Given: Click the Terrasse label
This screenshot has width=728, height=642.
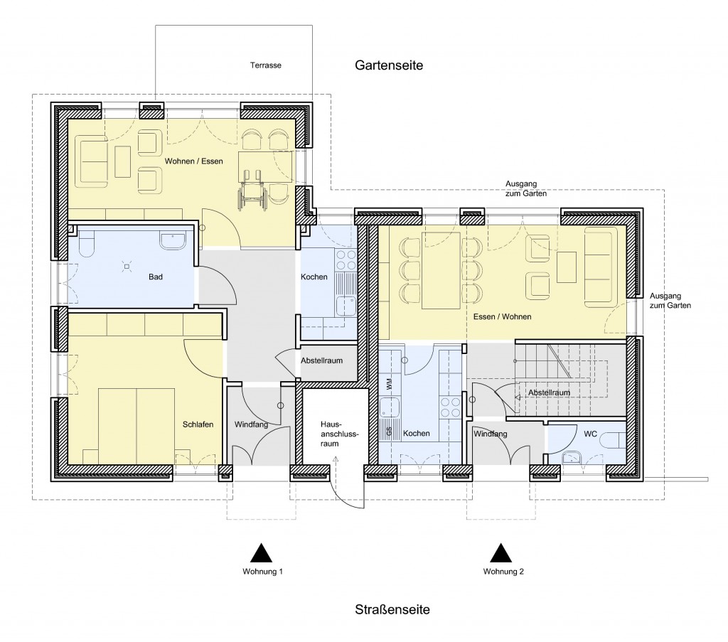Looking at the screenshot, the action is pos(266,65).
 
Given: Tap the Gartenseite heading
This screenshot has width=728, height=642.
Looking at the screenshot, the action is pos(389,65).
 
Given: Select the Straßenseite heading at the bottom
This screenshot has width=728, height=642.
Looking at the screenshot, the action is pos(392,609).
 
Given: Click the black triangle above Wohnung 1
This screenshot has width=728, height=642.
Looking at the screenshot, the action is pos(262,552).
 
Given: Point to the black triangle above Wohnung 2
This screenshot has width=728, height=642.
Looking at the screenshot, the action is pos(501,552).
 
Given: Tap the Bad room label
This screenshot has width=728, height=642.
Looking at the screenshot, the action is pos(156,277).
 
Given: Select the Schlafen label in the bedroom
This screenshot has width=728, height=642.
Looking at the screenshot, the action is pos(198,424).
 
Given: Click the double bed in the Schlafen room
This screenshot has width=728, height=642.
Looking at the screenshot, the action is pos(136,426).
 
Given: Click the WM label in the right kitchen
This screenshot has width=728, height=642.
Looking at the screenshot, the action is pos(389,384).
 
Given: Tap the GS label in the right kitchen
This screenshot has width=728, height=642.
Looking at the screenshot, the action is pos(389,432).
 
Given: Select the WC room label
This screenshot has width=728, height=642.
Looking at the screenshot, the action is pos(591,434).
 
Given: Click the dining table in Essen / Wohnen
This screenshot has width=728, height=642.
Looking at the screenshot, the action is pos(441,270).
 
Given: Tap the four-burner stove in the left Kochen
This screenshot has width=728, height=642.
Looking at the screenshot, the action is pos(346,260).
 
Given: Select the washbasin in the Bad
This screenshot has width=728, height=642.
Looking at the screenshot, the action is pos(173,241).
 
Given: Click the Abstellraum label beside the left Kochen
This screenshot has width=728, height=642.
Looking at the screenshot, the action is pos(322,360).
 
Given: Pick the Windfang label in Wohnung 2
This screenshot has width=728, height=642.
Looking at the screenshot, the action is pos(491,434).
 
